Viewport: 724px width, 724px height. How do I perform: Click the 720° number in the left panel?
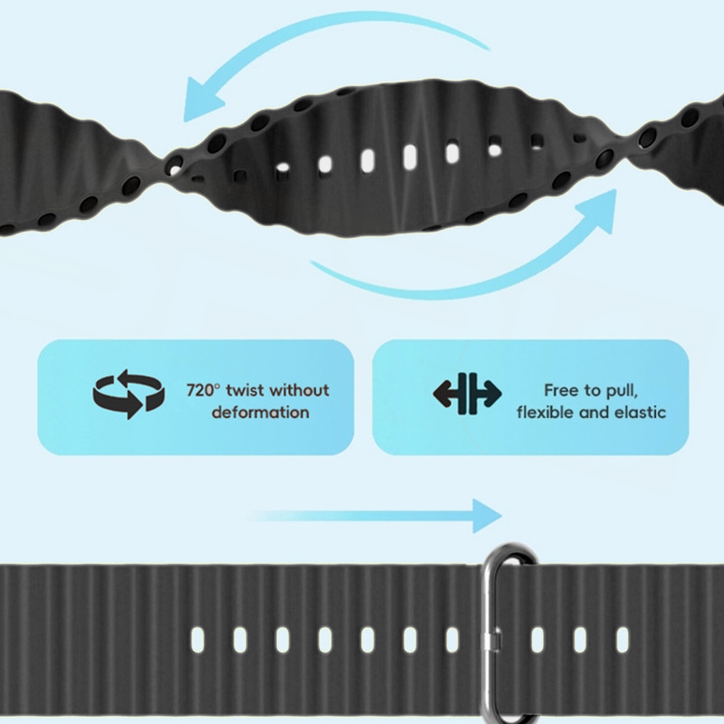click(x=203, y=391)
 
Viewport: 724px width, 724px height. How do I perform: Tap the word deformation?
click(x=261, y=413)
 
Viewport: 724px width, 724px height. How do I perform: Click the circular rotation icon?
click(x=129, y=394)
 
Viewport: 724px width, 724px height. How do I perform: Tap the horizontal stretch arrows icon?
click(x=467, y=393)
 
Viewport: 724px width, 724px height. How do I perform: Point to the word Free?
click(x=561, y=391)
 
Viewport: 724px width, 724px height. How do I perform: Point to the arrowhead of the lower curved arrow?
click(x=602, y=205)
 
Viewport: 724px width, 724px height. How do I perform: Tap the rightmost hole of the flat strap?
click(x=623, y=640)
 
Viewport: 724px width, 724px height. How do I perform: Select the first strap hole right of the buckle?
click(x=538, y=640)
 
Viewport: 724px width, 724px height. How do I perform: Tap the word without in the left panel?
click(x=300, y=391)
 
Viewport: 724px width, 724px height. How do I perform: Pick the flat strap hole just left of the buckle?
click(x=452, y=640)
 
